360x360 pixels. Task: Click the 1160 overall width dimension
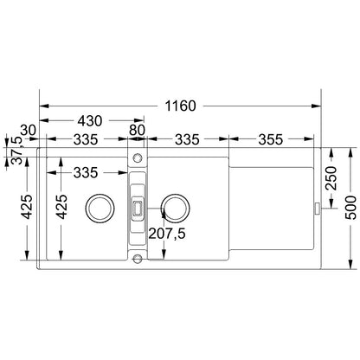(180, 106)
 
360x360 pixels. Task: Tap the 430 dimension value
(90, 121)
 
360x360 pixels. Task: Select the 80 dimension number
(137, 130)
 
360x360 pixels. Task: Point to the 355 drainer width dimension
(271, 139)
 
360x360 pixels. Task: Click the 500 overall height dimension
(350, 208)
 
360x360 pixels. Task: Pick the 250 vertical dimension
(331, 178)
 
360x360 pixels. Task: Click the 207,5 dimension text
(167, 234)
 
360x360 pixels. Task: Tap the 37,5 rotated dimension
(16, 150)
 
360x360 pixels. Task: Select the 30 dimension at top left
(29, 131)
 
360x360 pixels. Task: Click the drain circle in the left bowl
(100, 208)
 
